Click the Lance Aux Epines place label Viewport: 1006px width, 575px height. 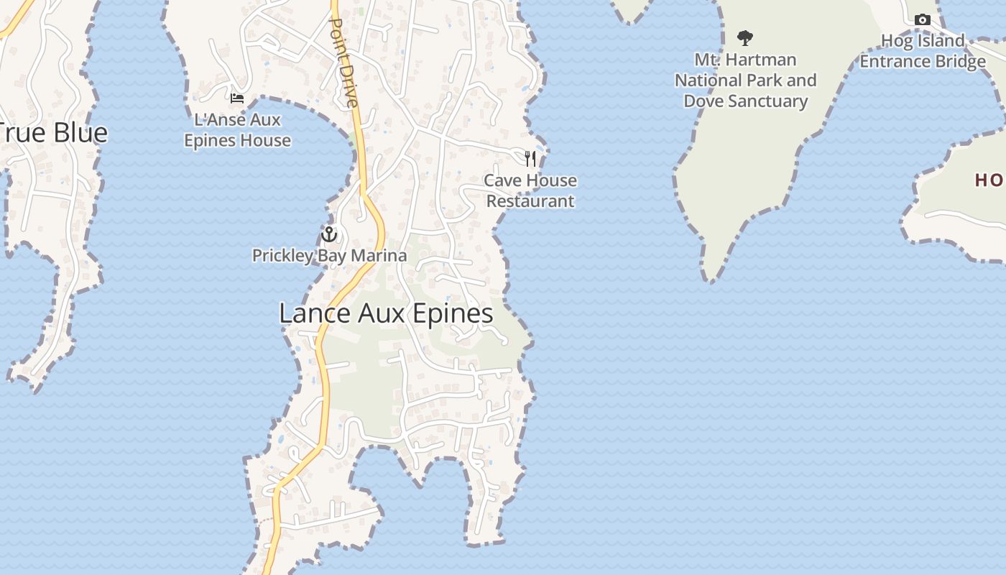pyautogui.click(x=386, y=313)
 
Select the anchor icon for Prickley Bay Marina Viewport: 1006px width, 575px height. pyautogui.click(x=329, y=234)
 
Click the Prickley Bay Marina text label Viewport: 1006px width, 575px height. pyautogui.click(x=329, y=255)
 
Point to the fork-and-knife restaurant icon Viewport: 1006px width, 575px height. pyautogui.click(x=530, y=158)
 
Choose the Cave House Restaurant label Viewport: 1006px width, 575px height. pyautogui.click(x=530, y=190)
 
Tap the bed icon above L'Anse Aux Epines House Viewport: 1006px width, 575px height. pyautogui.click(x=237, y=98)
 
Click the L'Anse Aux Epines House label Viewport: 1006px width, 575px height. pyautogui.click(x=237, y=130)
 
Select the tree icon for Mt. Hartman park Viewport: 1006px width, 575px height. pyautogui.click(x=745, y=37)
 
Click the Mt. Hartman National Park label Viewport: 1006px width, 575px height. pyautogui.click(x=745, y=80)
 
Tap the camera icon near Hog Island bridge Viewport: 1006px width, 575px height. pyautogui.click(x=923, y=20)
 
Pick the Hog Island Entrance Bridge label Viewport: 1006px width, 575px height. pyautogui.click(x=923, y=51)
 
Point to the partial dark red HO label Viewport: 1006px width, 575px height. pyautogui.click(x=989, y=180)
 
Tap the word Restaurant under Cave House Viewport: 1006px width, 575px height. pyautogui.click(x=530, y=201)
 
